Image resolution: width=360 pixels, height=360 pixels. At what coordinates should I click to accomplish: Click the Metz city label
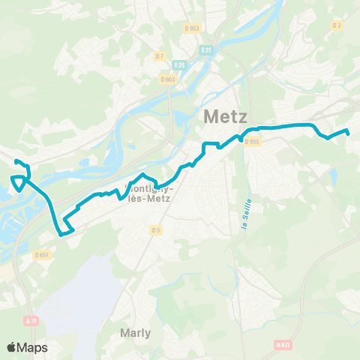pyautogui.click(x=224, y=118)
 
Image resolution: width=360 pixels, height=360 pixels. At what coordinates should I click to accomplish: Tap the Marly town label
pyautogui.click(x=135, y=332)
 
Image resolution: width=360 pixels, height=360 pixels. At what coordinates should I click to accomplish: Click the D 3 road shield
pyautogui.click(x=337, y=25)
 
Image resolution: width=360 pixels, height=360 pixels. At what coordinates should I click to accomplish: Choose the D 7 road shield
pyautogui.click(x=159, y=55)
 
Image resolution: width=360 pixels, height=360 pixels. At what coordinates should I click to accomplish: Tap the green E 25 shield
pyautogui.click(x=178, y=65)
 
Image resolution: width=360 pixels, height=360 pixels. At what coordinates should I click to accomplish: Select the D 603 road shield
pyautogui.click(x=167, y=79)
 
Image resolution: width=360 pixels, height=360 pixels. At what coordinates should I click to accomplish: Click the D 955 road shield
pyautogui.click(x=253, y=142)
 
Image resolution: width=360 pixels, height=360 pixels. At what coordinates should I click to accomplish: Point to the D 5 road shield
pyautogui.click(x=155, y=229)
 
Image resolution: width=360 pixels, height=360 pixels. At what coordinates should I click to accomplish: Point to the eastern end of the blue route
pyautogui.click(x=349, y=134)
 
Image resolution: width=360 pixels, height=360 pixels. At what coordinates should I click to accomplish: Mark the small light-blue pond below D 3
pyautogui.click(x=332, y=177)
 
